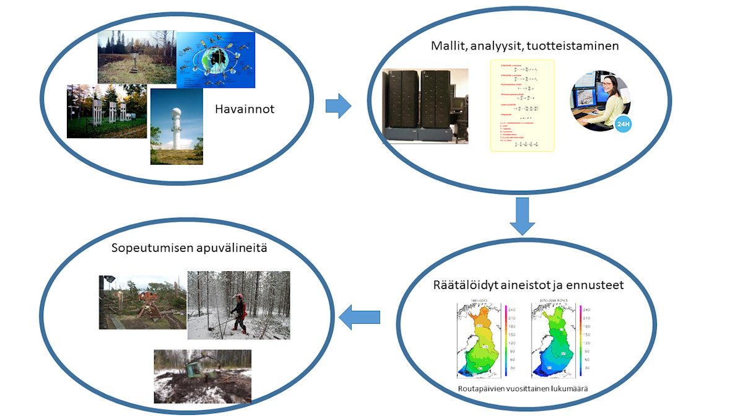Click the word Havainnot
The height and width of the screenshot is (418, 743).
(244, 110)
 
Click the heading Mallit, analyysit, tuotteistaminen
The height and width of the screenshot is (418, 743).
(525, 46)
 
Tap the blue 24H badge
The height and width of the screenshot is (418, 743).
(623, 124)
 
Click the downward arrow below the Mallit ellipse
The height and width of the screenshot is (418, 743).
(523, 216)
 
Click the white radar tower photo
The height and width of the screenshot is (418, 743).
(176, 126)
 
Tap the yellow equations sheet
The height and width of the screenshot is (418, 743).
(522, 105)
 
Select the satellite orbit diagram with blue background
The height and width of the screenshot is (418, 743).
(215, 60)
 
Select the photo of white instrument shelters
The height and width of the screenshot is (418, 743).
(106, 111)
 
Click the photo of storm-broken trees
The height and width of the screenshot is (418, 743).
(142, 302)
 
